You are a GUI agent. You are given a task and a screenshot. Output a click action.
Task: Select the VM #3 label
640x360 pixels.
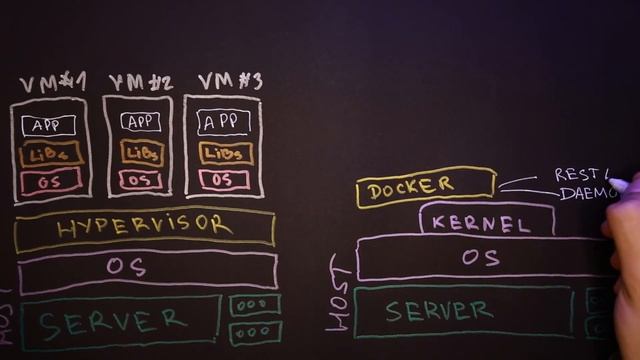tap(229, 81)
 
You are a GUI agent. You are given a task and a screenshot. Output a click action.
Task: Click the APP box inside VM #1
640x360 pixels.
tap(47, 126)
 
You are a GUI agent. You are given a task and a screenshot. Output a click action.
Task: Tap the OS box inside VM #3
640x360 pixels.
tap(224, 180)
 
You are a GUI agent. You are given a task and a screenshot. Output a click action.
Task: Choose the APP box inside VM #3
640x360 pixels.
tap(224, 122)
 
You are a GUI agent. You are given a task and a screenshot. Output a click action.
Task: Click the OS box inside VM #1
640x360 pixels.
tap(50, 182)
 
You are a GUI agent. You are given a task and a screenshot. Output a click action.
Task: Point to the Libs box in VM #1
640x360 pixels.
tap(49, 156)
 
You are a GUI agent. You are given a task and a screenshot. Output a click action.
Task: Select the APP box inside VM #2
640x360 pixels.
tap(141, 122)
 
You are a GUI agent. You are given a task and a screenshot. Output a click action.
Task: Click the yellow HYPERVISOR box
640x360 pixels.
tap(145, 228)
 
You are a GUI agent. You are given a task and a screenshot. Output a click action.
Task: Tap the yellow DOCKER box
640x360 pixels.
tap(425, 187)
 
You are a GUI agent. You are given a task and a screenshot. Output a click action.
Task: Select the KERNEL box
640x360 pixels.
tap(487, 221)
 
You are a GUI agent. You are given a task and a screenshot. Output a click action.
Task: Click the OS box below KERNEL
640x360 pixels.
tap(480, 258)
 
